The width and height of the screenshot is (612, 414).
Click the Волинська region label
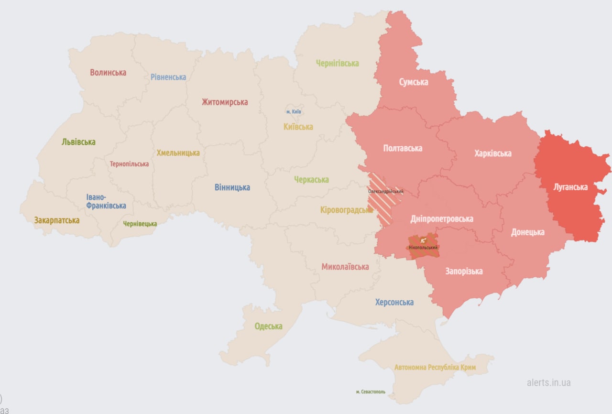tap(108, 73)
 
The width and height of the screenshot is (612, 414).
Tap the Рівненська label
tap(168, 77)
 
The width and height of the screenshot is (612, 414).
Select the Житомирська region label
tap(225, 102)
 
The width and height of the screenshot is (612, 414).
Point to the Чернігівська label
tap(337, 63)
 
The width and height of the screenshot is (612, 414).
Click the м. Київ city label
tap(294, 112)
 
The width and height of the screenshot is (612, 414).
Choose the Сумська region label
tap(414, 82)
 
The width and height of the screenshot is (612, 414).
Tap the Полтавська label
tap(403, 148)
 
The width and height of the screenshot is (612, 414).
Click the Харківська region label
tap(492, 153)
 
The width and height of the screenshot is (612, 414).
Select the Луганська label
tap(570, 187)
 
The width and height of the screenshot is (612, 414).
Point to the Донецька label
tap(527, 232)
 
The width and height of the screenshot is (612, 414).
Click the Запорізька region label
tap(464, 272)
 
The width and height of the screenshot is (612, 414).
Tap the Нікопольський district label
tap(423, 248)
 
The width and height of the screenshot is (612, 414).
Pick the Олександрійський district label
tap(385, 192)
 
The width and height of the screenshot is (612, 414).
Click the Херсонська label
tap(394, 302)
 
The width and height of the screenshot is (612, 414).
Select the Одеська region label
tap(268, 327)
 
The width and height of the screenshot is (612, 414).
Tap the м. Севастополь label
tap(370, 392)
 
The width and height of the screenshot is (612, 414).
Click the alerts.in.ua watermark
tap(548, 382)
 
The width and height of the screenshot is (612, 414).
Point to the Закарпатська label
tap(56, 220)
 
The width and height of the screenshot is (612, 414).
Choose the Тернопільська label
tap(129, 164)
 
